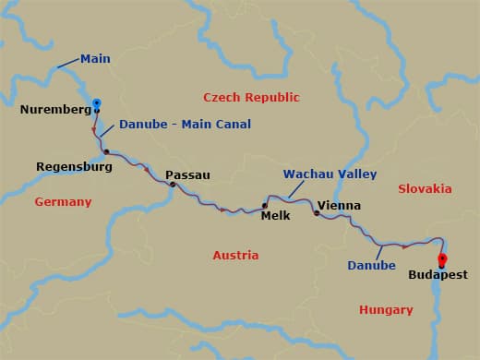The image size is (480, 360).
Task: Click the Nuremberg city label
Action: point(54,110)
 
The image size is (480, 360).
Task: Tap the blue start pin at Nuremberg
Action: point(97,103)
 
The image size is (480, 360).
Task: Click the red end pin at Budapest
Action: point(442,259)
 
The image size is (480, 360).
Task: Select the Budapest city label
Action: point(438,275)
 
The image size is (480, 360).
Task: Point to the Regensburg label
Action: point(74,167)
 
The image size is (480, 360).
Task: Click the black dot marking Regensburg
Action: point(107,151)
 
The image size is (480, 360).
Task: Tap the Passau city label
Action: point(187,174)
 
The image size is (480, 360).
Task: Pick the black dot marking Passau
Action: point(173,185)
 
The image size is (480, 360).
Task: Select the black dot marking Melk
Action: point(265,206)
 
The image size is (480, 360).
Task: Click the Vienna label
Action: point(338,206)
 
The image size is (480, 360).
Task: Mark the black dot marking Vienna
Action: point(317,213)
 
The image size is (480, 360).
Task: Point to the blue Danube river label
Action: point(371,266)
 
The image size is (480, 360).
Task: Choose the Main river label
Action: point(95,59)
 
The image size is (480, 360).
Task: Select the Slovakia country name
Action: point(425,188)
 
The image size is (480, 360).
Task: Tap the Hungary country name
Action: point(386,310)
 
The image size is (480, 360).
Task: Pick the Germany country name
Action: point(63,201)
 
